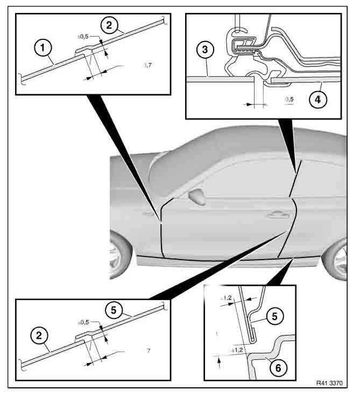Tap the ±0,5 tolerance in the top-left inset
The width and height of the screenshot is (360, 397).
(x=84, y=37)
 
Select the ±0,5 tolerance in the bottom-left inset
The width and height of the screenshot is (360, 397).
(x=84, y=322)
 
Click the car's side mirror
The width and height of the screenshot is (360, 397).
(x=197, y=198)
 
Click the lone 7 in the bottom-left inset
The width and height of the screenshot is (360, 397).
(x=148, y=351)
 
